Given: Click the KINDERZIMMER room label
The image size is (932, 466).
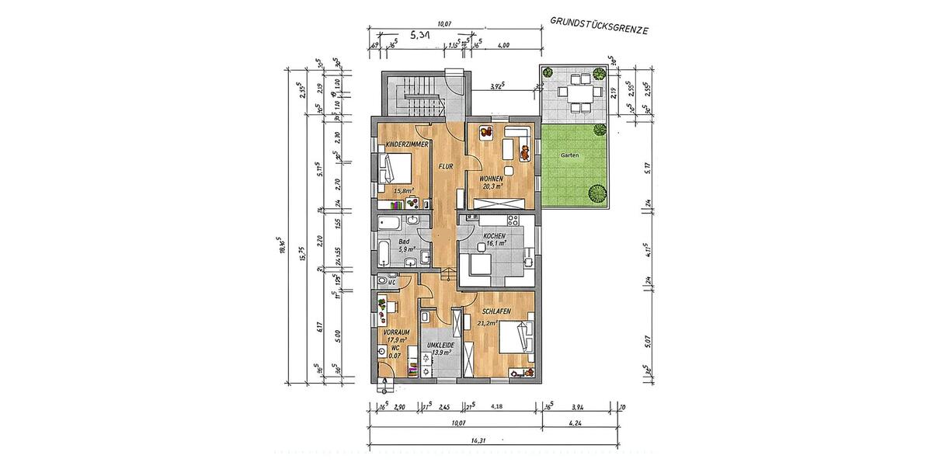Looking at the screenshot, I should [x=403, y=144].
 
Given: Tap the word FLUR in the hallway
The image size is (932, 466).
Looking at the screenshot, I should [x=445, y=166].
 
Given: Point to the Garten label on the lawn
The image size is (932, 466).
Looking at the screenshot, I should [x=569, y=155].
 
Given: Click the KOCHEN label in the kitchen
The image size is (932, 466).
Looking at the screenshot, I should [x=495, y=235].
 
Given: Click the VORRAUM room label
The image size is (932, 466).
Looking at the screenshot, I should [x=396, y=332].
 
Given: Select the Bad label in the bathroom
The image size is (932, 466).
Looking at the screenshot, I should [x=404, y=242].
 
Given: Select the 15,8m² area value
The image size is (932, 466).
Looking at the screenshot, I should [x=402, y=189].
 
